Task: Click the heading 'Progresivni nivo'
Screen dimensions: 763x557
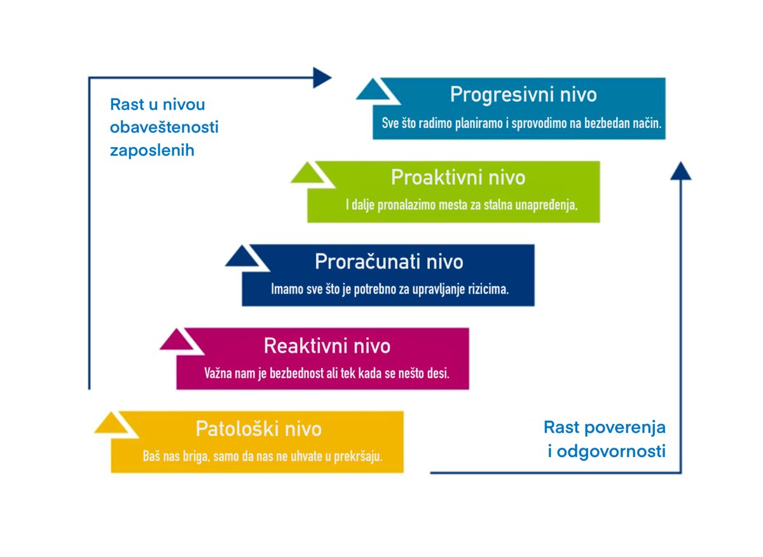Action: point(523,94)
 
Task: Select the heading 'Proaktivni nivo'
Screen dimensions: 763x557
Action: point(458,178)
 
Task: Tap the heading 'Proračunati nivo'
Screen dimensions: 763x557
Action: point(389,262)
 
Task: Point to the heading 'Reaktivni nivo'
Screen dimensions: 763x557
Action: point(327,346)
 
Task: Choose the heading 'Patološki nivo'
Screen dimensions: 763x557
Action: point(259,429)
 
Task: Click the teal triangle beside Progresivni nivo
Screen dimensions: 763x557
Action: point(373,90)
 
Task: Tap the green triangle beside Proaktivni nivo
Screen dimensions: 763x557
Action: point(307,173)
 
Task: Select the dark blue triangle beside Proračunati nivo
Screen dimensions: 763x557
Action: point(242,257)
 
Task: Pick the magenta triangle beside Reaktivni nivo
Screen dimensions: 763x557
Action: point(177,340)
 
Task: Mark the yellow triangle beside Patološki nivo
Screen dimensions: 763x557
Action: point(111,423)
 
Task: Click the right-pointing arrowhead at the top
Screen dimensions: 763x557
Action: point(322,78)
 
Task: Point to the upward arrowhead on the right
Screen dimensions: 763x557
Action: point(680,171)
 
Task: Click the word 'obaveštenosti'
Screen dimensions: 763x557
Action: point(164,127)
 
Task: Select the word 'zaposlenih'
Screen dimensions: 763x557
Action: point(152,151)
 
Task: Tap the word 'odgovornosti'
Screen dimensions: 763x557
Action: point(611,451)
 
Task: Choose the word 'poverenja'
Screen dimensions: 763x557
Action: point(624,428)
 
